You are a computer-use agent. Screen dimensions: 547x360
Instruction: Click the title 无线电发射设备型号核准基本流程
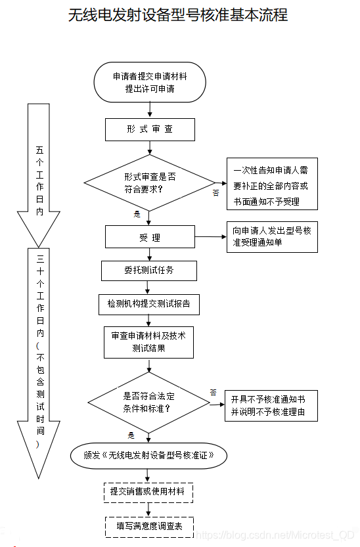coord(178,15)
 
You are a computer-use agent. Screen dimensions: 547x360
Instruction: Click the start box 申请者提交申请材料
coord(150,82)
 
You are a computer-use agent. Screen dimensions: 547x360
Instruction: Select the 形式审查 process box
coord(150,129)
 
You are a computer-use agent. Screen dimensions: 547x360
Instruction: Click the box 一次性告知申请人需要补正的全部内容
coord(271,185)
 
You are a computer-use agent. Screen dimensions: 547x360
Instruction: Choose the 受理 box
coord(150,237)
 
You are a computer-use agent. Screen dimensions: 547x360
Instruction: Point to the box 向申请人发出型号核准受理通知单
coord(271,237)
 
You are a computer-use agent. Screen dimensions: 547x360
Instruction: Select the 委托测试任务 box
coord(149,270)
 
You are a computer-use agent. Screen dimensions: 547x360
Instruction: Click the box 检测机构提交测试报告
coord(149,304)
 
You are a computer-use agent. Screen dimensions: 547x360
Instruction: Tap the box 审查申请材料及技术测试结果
coord(148,341)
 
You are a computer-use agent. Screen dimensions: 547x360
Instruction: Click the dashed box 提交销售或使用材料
coord(148,491)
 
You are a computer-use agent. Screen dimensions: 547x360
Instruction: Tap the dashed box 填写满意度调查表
coord(148,526)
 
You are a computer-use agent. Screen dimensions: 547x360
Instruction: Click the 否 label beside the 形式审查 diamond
coord(215,193)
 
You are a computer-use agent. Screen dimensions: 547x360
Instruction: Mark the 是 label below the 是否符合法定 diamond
coord(131,435)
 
